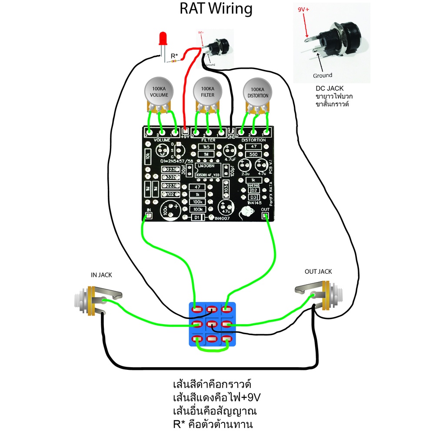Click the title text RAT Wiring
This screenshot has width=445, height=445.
[x=216, y=9]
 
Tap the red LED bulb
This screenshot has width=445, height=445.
[x=164, y=39]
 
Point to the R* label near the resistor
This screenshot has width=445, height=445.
[x=174, y=56]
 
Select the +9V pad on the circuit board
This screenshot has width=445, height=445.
[x=185, y=131]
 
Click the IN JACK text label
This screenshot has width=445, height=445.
[x=101, y=275]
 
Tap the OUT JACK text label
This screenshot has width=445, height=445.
[x=318, y=272]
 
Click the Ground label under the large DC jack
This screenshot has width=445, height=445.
[x=322, y=75]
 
